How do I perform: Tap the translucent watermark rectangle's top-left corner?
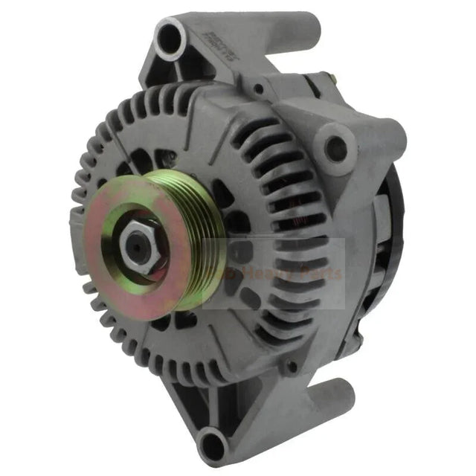203,239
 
